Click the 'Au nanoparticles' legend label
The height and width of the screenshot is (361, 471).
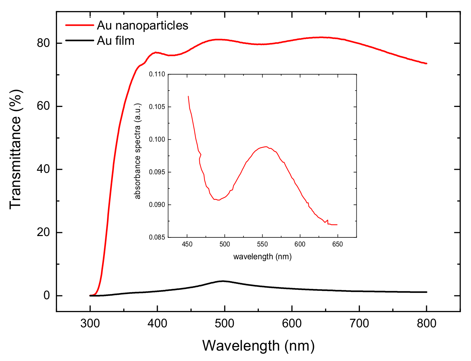pos(142,25)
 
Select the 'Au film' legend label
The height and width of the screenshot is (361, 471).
pos(115,41)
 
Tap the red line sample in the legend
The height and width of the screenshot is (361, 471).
pos(80,25)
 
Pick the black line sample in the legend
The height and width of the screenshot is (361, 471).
pos(80,41)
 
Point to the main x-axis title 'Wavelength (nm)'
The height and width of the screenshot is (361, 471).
pos(258,345)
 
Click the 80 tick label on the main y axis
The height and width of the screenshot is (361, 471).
pos(43,43)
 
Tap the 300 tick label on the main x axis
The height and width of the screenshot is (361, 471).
pos(90,324)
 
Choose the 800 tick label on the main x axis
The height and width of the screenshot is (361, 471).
pos(426,324)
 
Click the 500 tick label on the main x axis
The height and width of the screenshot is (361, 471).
pos(224,324)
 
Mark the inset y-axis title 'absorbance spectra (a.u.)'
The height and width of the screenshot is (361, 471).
pos(138,151)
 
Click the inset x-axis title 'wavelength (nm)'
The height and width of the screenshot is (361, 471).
pos(262,257)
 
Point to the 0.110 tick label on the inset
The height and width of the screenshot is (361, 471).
pos(157,74)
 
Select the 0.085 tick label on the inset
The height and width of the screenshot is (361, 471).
pos(157,237)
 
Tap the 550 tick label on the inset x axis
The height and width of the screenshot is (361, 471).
pos(262,244)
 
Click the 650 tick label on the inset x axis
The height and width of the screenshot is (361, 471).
pos(337,244)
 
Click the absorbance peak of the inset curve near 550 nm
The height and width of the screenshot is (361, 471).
pos(266,146)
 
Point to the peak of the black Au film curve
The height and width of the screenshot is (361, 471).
pos(223,281)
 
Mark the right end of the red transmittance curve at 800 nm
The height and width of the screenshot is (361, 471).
pos(426,64)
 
